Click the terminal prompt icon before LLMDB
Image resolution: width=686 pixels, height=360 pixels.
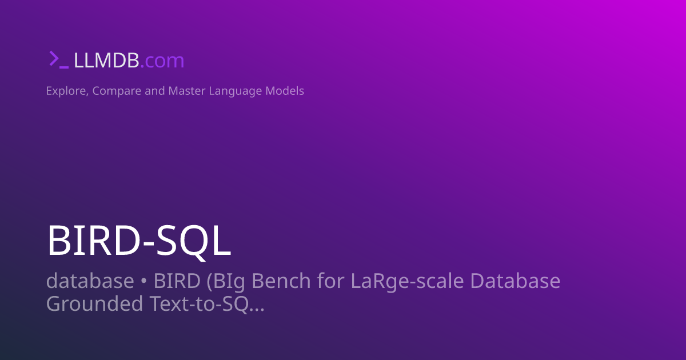click(58, 59)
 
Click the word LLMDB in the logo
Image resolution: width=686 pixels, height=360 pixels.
click(106, 60)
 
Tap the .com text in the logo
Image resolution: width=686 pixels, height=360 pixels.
click(162, 60)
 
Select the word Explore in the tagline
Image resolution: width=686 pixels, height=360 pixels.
click(66, 91)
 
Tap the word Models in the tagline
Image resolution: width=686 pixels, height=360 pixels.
click(285, 91)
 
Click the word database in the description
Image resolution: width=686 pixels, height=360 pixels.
click(90, 281)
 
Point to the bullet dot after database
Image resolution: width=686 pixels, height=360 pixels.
click(144, 282)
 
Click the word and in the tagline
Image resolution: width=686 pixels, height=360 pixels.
click(154, 91)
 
